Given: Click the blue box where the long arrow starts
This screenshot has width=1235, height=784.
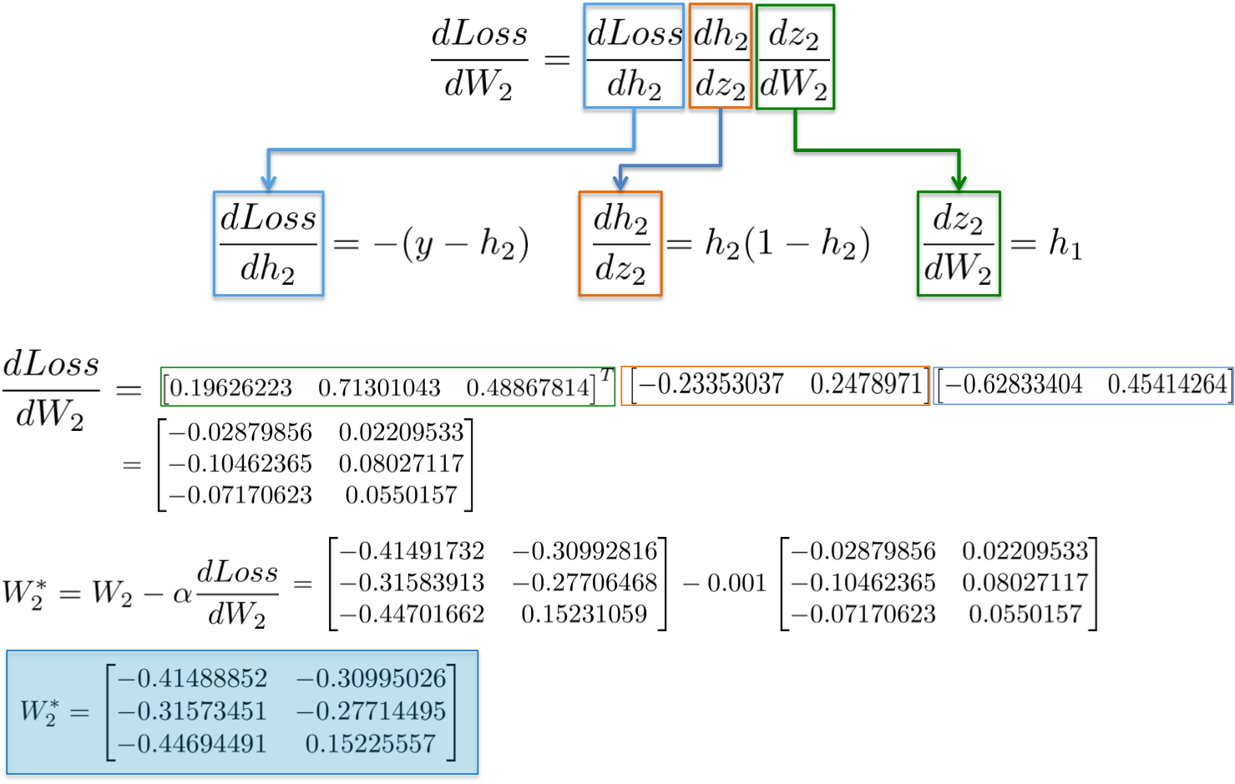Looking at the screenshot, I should (634, 56).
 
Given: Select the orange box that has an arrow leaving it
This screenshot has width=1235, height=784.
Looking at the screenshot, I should (720, 56).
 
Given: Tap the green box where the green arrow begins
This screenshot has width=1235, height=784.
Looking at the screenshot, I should (795, 56).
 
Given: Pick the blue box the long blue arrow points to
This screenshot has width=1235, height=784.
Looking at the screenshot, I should (268, 243).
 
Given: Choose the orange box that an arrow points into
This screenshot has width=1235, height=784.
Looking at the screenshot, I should (620, 243).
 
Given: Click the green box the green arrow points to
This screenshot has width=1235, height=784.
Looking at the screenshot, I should (959, 243).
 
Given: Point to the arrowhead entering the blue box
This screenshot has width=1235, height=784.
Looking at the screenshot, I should (268, 183).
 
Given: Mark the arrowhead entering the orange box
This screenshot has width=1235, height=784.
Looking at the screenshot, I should (620, 183).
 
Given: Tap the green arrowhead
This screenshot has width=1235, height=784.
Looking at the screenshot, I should (959, 183).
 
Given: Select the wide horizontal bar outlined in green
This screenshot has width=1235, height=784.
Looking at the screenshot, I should (387, 387).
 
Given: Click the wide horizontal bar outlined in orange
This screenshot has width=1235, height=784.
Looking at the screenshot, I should (775, 386).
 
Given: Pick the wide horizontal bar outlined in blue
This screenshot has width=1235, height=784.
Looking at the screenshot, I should (1082, 386).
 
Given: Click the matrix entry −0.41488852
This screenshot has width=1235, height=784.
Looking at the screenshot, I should (193, 678).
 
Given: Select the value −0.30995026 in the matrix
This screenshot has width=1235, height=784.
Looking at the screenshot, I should (371, 678).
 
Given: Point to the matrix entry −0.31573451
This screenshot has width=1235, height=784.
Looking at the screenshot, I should (193, 711).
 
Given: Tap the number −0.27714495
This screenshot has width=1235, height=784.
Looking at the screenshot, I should (371, 711).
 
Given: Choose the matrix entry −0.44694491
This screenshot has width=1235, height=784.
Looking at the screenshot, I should (193, 744).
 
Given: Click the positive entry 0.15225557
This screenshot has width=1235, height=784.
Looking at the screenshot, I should (371, 744).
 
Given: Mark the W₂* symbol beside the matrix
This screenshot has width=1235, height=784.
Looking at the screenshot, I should (39, 712).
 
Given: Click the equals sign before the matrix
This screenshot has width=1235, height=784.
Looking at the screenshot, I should (79, 713).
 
